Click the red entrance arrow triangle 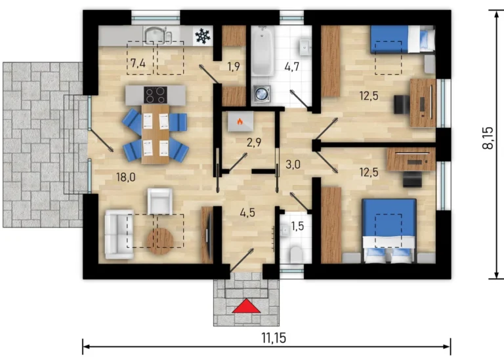246,306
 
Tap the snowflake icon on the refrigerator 203,36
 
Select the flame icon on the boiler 240,121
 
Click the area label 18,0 126,177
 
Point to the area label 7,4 138,63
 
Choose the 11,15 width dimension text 274,338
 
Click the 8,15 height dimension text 488,138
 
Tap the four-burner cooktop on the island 156,95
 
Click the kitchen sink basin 155,35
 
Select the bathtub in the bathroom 262,50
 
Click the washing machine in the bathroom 261,94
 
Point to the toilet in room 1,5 296,254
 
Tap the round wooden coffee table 160,241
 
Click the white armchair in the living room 159,201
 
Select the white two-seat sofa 119,235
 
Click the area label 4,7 292,67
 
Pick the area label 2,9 254,142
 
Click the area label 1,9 234,66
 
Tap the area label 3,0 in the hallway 293,165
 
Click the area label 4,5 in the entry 247,212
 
